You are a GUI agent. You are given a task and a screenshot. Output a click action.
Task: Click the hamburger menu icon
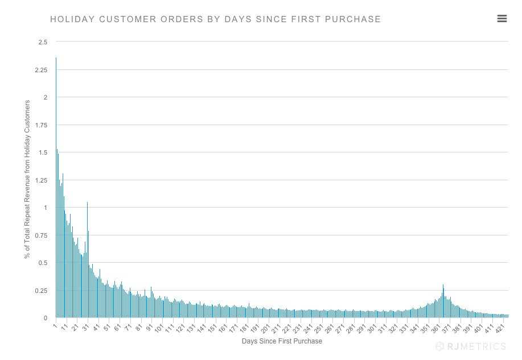click(x=502, y=19)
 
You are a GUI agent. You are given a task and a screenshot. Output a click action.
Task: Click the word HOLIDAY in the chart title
click(x=73, y=19)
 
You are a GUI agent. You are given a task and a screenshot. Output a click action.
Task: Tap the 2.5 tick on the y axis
click(x=43, y=42)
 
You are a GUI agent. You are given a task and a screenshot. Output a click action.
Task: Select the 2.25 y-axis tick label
click(x=41, y=70)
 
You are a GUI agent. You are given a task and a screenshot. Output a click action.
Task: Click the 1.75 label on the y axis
click(x=41, y=125)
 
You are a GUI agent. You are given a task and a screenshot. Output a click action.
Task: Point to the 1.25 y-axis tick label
click(x=41, y=180)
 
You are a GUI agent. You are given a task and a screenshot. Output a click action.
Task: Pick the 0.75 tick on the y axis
click(x=41, y=235)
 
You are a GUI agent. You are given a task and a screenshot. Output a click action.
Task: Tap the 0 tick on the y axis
click(x=46, y=318)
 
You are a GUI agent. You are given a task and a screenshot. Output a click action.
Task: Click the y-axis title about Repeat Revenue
click(x=27, y=180)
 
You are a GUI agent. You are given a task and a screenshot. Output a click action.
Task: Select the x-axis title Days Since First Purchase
click(x=282, y=341)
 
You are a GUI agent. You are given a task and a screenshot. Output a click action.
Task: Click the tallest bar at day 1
click(x=56, y=188)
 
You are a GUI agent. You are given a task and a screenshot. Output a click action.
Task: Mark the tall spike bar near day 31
click(x=87, y=259)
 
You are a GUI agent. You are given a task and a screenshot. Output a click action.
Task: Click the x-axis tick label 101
click(x=158, y=329)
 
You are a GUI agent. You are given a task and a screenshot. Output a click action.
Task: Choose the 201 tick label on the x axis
click(x=264, y=329)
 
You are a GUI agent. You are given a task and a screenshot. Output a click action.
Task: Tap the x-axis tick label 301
click(x=371, y=329)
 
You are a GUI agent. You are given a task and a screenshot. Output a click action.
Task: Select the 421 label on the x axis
click(x=498, y=329)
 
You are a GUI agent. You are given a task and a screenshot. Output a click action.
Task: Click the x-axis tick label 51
click(x=106, y=328)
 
